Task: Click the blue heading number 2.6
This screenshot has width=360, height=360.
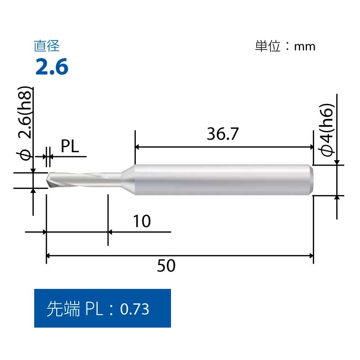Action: point(52,66)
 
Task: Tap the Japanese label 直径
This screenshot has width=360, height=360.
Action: point(47,46)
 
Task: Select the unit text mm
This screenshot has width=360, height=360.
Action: point(305,47)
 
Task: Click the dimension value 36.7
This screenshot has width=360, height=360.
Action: point(223,134)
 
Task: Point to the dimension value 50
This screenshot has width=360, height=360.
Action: point(166,265)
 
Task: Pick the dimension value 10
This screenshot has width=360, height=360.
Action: point(142,221)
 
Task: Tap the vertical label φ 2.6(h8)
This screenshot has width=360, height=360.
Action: point(25,123)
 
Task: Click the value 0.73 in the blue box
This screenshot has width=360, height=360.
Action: point(135,309)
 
